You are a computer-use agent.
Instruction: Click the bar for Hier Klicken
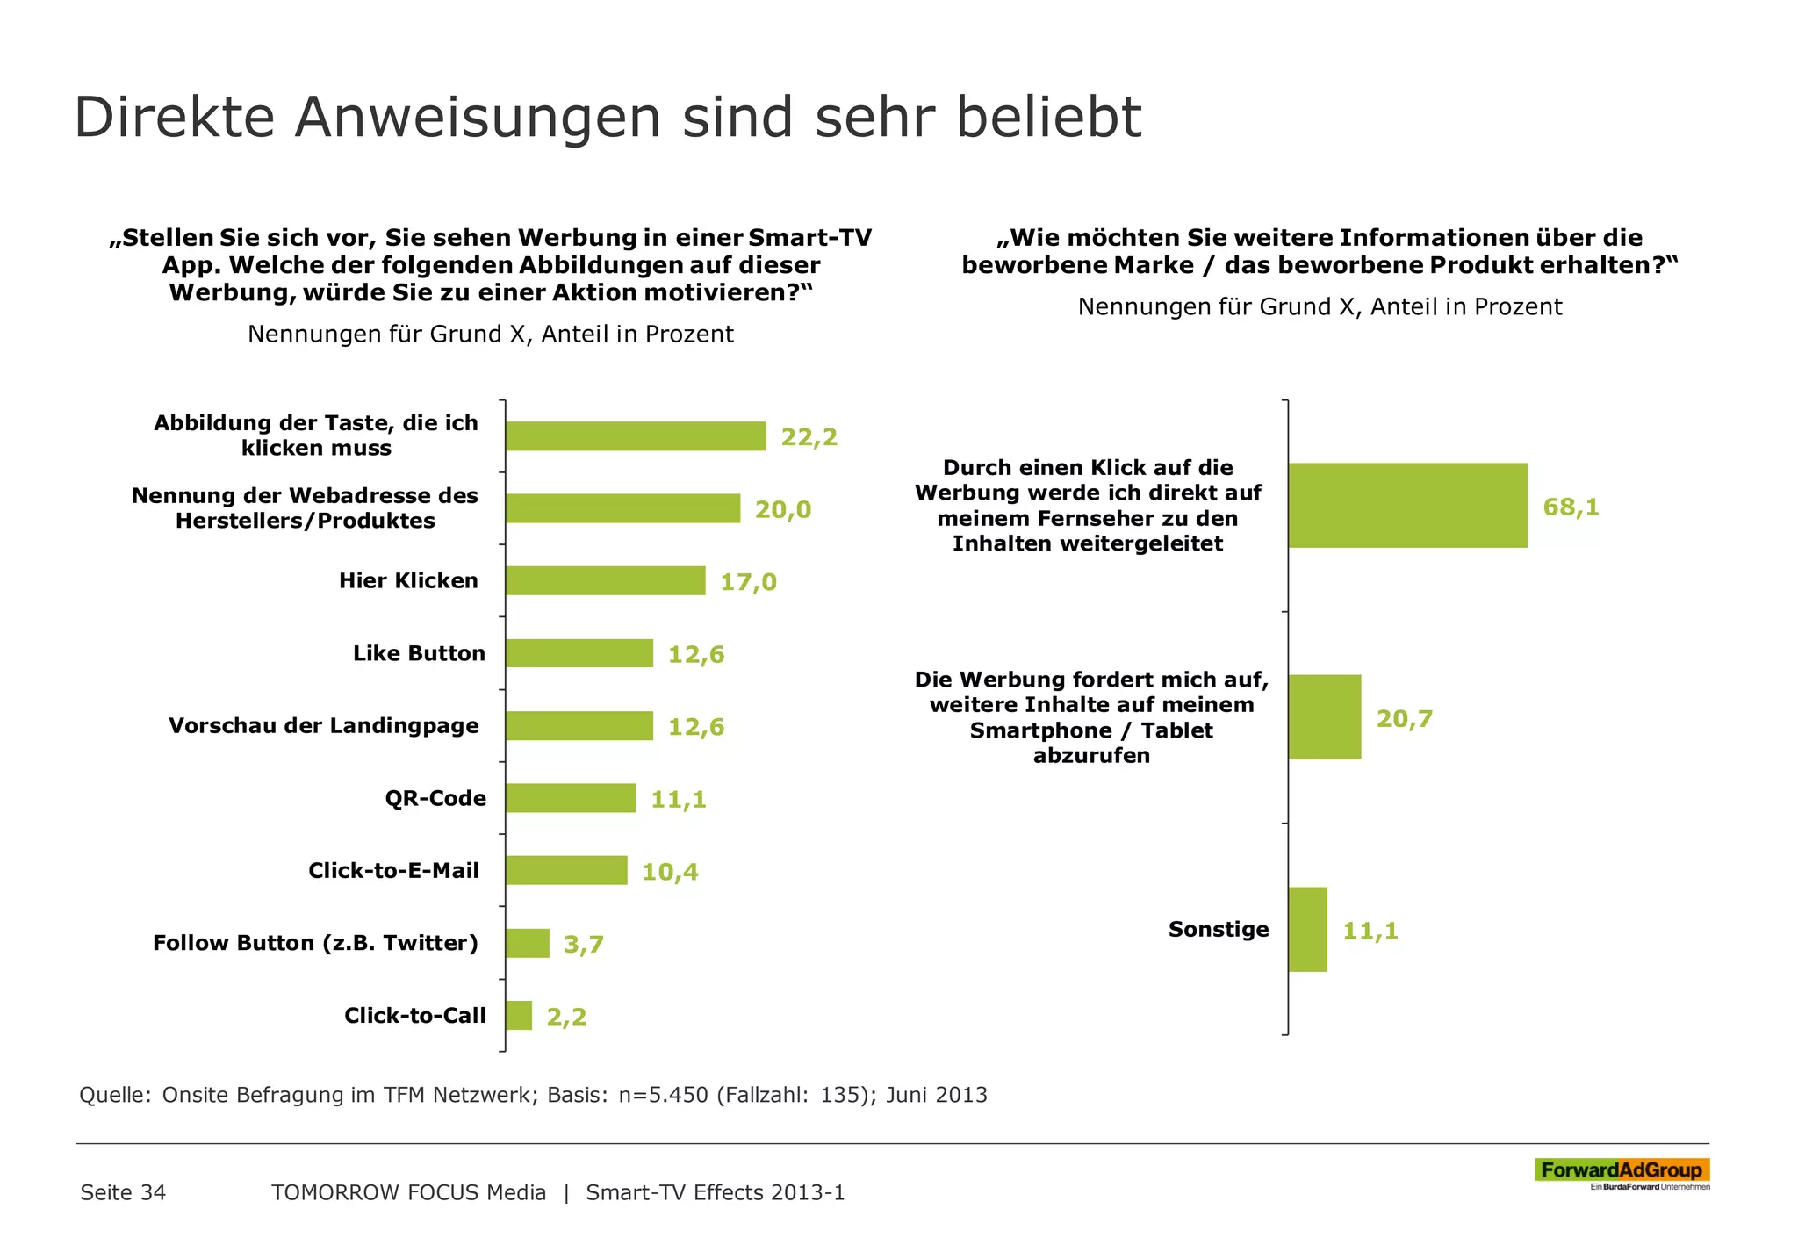(x=605, y=580)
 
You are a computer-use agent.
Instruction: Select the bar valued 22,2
(x=635, y=436)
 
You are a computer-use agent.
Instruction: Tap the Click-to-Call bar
(x=519, y=1016)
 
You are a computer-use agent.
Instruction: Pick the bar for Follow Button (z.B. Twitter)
(x=528, y=943)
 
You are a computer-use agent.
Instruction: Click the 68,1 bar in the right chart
(x=1407, y=506)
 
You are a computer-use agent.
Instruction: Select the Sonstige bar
(x=1307, y=929)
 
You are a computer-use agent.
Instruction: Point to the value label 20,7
(x=1404, y=719)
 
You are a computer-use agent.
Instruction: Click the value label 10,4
(x=670, y=872)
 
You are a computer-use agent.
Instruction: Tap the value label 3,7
(x=583, y=945)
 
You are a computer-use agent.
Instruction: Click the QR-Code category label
(x=435, y=798)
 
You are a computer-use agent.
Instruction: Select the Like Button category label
(x=419, y=653)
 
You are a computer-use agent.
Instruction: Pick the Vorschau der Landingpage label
(x=323, y=726)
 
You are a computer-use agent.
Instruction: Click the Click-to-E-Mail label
(x=393, y=871)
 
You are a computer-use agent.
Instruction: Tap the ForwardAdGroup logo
(x=1621, y=1172)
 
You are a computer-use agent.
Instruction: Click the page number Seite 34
(x=123, y=1192)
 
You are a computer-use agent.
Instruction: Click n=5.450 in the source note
(x=663, y=1095)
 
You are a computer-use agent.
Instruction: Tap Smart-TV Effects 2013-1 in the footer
(x=715, y=1192)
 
